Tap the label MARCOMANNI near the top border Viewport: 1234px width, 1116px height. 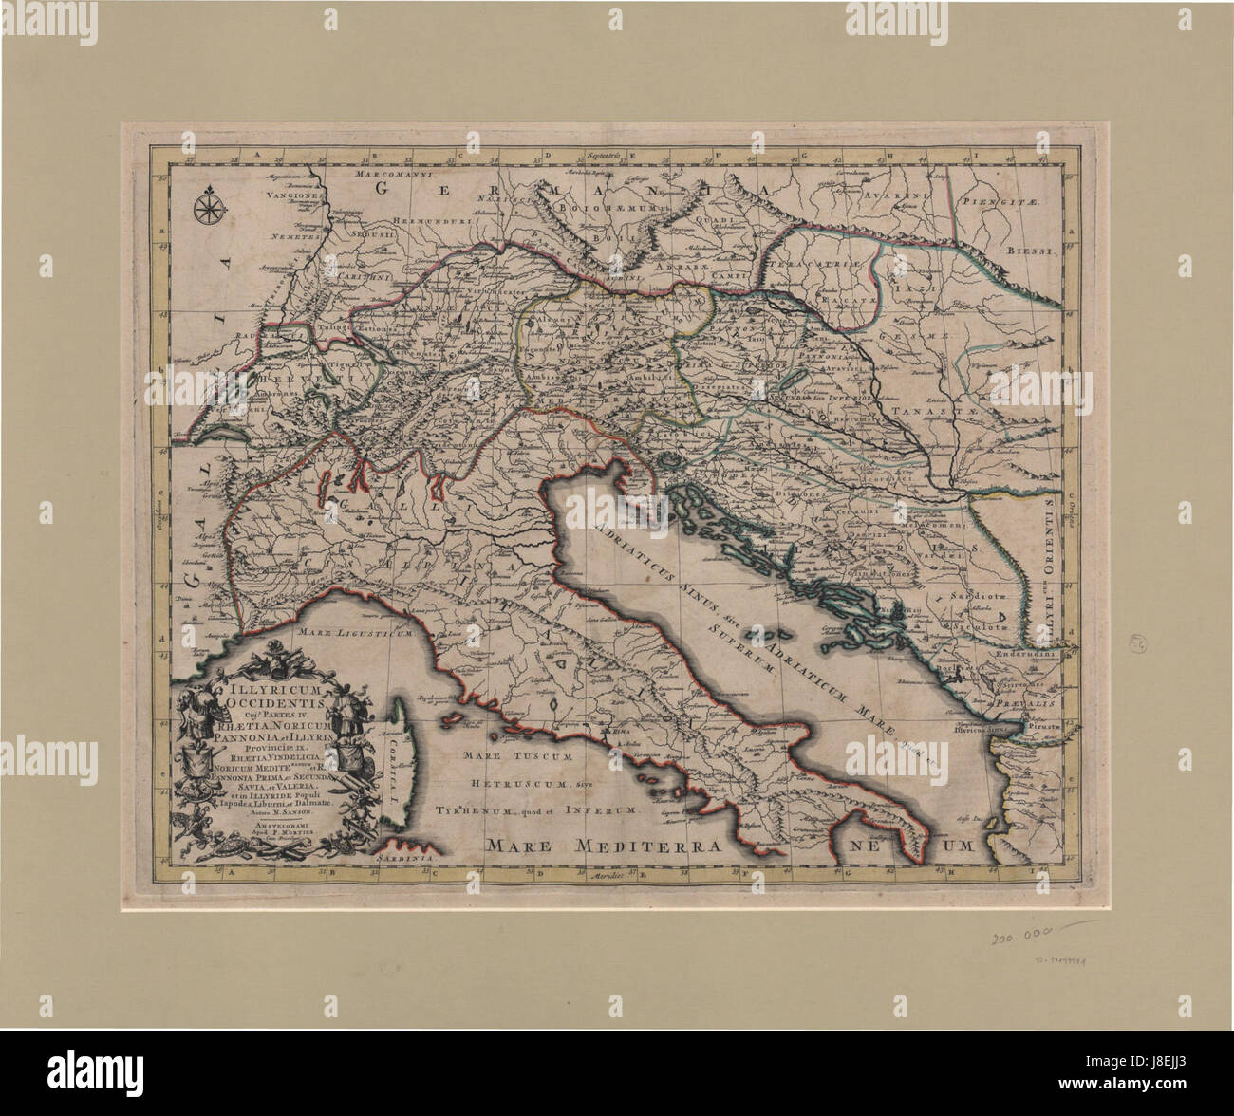[x=390, y=176]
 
